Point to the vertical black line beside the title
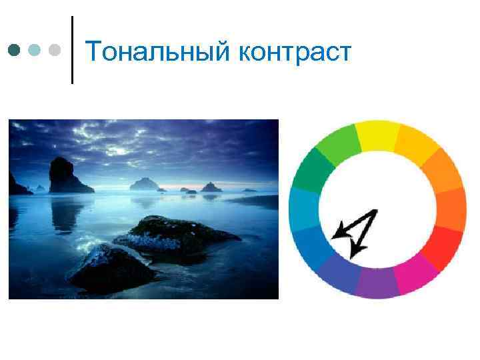[x=71, y=50]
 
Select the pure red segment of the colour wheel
[x=446, y=247]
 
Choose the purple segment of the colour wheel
[x=377, y=283]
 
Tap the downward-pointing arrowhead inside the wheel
[x=358, y=250]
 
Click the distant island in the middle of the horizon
[x=143, y=183]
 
